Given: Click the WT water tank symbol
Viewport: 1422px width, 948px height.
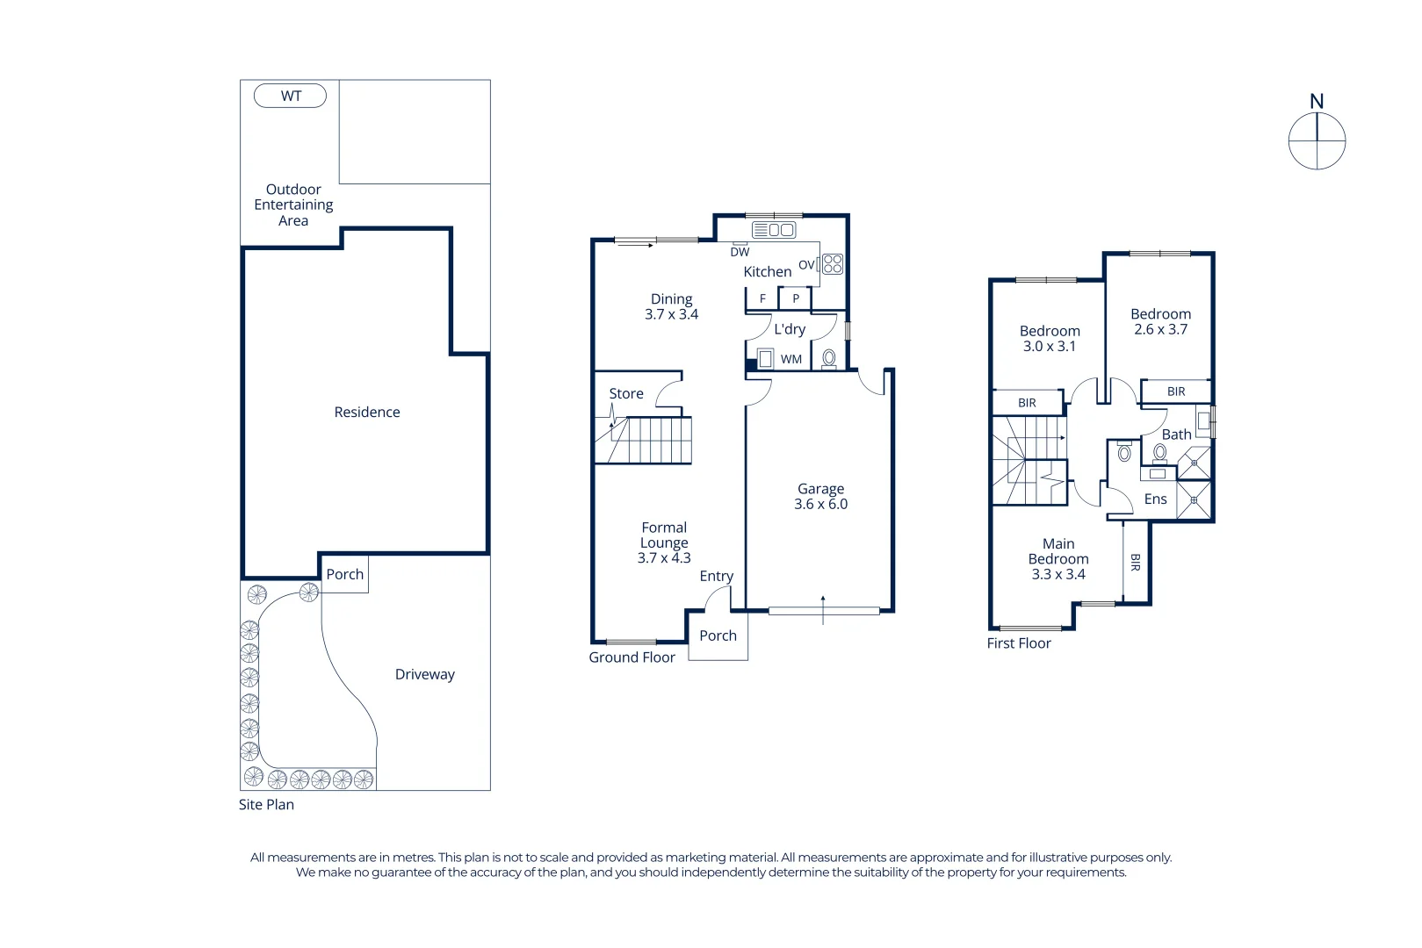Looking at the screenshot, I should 290,96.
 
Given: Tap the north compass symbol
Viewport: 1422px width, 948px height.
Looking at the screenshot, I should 1317,140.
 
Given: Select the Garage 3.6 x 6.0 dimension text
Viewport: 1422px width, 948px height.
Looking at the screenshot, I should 820,504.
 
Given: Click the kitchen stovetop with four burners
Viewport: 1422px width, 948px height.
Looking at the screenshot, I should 832,264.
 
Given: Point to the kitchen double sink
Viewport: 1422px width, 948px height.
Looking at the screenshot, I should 774,230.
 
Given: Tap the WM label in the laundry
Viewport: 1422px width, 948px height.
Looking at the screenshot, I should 790,359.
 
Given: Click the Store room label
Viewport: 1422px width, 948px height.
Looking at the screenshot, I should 625,393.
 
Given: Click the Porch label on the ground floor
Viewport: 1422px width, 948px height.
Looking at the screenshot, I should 718,636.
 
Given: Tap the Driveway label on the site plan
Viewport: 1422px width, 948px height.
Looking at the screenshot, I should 424,674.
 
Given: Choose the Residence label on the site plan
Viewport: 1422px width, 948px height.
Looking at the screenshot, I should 366,412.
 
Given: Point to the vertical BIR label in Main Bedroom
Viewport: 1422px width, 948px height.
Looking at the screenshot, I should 1135,562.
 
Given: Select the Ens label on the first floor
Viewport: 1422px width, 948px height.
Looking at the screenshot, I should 1155,499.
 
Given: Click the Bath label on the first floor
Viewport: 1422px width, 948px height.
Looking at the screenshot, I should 1176,434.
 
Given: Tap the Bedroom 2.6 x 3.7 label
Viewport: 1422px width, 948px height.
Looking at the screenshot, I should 1160,321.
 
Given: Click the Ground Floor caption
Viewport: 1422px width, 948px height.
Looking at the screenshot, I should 632,657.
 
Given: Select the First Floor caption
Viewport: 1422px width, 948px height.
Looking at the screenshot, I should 1018,643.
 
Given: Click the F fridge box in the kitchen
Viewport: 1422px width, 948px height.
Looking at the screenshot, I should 762,298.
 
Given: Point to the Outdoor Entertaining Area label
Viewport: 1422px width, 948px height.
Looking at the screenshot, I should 293,205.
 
